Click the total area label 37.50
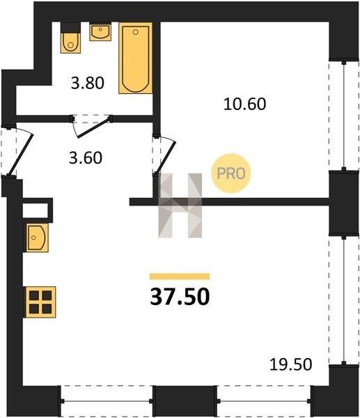[x=180, y=297]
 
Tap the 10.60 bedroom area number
[x=244, y=104]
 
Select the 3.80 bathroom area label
[x=88, y=83]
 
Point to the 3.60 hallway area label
[x=86, y=157]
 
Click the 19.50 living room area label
[x=290, y=364]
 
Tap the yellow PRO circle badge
[x=231, y=173]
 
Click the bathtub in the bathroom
[x=135, y=58]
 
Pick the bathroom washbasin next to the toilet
[x=100, y=32]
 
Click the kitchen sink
[x=37, y=238]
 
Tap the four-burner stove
[x=40, y=302]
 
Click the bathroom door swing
[x=91, y=127]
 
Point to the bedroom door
[x=164, y=155]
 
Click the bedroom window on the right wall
[x=344, y=116]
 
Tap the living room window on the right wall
[x=344, y=300]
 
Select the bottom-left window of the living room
[x=107, y=401]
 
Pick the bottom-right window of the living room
[x=264, y=401]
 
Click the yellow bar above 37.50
[x=180, y=277]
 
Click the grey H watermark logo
[x=180, y=206]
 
